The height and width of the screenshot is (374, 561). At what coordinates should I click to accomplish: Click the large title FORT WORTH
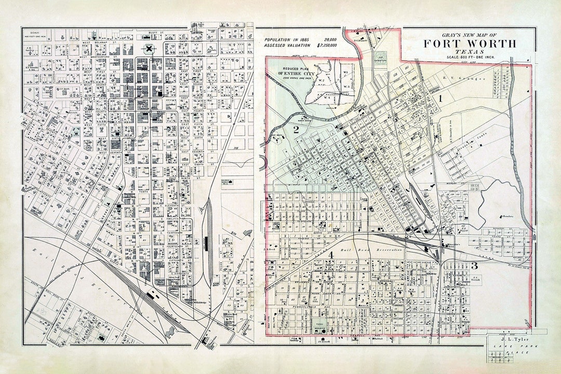469,44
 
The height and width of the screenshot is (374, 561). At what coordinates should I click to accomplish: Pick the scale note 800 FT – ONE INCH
469,58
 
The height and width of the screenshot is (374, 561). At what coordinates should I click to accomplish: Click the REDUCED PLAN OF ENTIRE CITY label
297,71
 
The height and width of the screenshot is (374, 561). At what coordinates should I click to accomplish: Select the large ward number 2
296,130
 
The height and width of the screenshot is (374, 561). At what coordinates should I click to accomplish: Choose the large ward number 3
474,266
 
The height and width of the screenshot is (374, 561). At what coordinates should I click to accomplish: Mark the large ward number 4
330,255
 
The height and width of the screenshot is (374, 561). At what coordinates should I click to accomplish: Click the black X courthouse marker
150,49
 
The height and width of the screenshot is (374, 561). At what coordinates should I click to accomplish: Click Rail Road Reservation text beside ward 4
371,251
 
